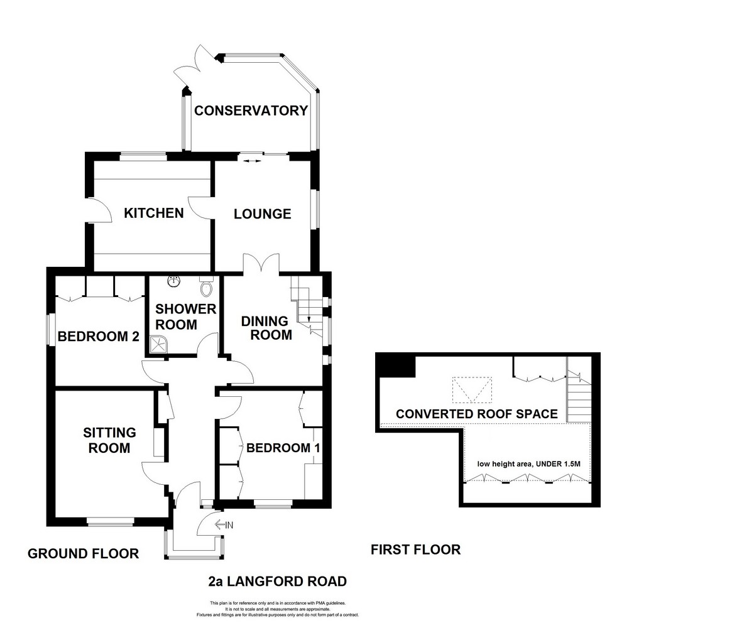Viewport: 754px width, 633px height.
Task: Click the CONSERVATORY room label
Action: coord(251,111)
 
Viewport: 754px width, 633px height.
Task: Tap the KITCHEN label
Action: coord(154,214)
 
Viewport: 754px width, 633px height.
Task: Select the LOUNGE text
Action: coord(262,214)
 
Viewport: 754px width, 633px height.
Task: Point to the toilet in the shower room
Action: coord(206,287)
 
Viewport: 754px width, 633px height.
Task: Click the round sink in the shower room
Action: coord(174,281)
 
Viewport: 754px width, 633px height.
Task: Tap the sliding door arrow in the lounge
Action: coord(252,161)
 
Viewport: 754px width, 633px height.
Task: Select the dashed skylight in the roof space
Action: coord(472,390)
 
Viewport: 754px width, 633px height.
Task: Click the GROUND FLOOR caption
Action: coord(83,554)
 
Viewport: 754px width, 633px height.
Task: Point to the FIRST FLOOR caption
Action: coord(415,549)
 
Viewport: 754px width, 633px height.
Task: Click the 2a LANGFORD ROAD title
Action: coord(277,582)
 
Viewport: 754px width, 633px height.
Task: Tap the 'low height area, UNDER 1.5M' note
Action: coord(528,463)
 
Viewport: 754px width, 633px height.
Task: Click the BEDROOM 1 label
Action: coord(283,448)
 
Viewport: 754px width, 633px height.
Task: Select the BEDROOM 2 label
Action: coord(98,337)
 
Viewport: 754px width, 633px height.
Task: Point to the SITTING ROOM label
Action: coord(109,440)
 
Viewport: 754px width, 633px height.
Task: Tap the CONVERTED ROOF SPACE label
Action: coord(477,414)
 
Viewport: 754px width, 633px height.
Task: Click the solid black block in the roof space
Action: coord(396,366)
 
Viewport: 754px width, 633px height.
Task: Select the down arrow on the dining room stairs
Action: coord(309,318)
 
